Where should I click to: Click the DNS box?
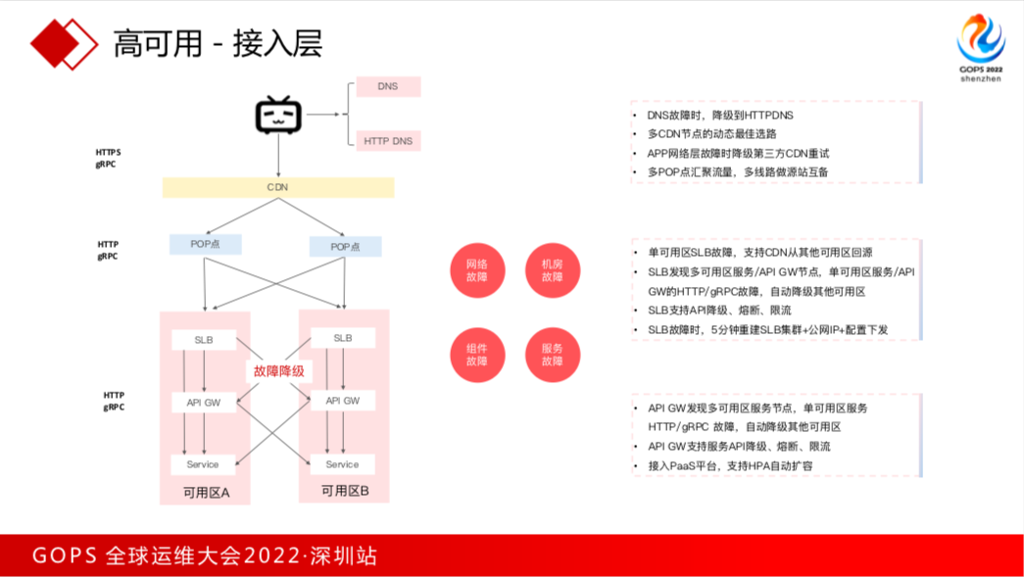click(388, 86)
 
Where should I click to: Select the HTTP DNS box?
click(388, 141)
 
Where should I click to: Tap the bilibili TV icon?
click(278, 116)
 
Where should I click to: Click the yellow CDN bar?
click(278, 187)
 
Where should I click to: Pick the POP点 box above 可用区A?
click(205, 244)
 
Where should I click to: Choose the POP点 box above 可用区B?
click(345, 247)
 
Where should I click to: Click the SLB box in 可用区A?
click(204, 340)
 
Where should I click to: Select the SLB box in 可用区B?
click(342, 338)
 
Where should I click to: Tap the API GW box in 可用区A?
click(204, 402)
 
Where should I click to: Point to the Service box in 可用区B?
click(342, 464)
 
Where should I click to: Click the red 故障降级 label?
click(278, 371)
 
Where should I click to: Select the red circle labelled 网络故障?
click(477, 270)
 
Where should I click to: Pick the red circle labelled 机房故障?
click(553, 270)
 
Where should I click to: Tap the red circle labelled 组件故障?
click(477, 355)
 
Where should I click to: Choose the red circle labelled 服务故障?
click(553, 355)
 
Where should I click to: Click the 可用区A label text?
click(206, 492)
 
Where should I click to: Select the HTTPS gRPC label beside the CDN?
click(108, 159)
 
